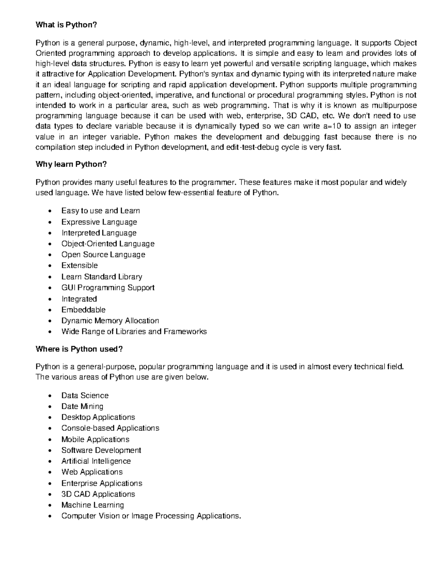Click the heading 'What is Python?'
(66, 25)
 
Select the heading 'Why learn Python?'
(71, 164)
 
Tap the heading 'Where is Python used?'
(79, 349)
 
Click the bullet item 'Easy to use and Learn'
(101, 211)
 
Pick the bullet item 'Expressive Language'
(99, 222)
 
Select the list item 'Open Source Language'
(103, 255)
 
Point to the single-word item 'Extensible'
(79, 266)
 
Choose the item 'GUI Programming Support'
(108, 288)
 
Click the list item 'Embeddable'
(83, 310)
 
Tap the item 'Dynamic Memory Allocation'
(110, 321)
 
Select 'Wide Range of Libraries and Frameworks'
(134, 332)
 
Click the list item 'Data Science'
(85, 395)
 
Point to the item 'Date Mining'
(82, 406)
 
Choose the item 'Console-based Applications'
(110, 428)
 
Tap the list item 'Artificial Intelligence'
(96, 461)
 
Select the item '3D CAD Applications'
(98, 494)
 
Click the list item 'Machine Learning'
(93, 505)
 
